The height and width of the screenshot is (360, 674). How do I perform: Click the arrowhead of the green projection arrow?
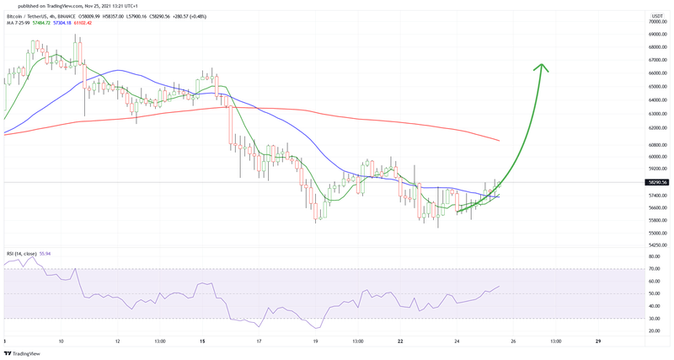point(543,68)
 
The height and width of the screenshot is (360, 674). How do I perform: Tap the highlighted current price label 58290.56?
point(656,182)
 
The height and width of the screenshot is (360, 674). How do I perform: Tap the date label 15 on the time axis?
point(203,341)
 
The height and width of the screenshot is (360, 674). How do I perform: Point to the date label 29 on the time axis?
point(597,341)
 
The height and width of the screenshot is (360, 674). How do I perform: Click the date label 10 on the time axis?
point(62,341)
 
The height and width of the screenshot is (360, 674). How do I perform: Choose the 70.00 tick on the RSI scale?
point(655,269)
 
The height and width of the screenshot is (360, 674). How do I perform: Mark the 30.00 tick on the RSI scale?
point(655,318)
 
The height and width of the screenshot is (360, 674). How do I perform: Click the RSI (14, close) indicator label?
point(21,253)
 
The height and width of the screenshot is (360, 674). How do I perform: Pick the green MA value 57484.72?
point(40,23)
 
